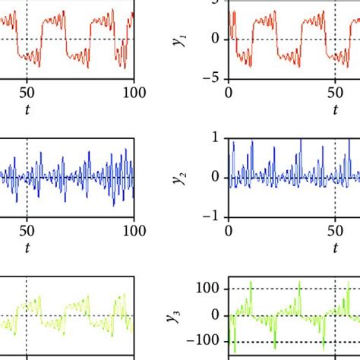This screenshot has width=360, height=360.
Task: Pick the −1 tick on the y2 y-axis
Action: tap(213, 217)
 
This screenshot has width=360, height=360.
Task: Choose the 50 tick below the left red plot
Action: tap(27, 93)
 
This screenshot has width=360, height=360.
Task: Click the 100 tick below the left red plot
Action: tap(134, 93)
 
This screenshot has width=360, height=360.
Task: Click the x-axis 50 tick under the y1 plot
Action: tap(335, 93)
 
